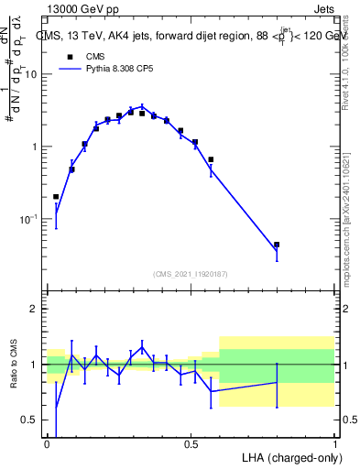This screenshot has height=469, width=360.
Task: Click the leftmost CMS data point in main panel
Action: (56, 197)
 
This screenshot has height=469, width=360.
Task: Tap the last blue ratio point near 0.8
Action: (276, 383)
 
